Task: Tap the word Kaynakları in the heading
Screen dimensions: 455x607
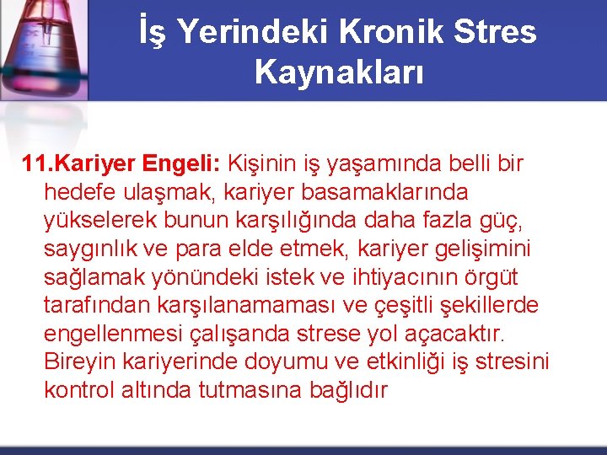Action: pyautogui.click(x=339, y=72)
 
